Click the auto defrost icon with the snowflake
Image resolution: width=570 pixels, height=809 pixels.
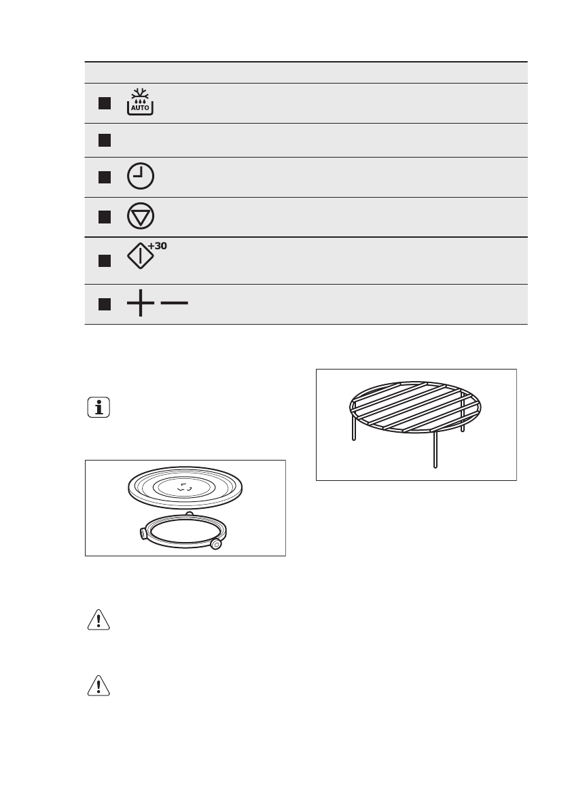pyautogui.click(x=140, y=102)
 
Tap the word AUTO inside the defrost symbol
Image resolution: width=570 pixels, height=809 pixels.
pyautogui.click(x=140, y=107)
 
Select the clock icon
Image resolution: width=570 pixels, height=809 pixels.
pyautogui.click(x=140, y=177)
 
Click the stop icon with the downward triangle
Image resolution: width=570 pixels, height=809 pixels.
pyautogui.click(x=140, y=217)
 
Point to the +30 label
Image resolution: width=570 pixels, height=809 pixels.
pyautogui.click(x=157, y=247)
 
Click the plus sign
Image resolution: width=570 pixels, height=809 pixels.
pyautogui.click(x=140, y=304)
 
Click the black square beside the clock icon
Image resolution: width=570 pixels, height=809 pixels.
pyautogui.click(x=103, y=177)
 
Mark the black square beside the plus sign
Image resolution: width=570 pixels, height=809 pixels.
pyautogui.click(x=103, y=304)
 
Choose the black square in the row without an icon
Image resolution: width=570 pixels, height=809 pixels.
pyautogui.click(x=103, y=140)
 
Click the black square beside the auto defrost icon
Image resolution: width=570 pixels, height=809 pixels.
pyautogui.click(x=103, y=103)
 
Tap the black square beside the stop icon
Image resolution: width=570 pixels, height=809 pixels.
pyautogui.click(x=103, y=217)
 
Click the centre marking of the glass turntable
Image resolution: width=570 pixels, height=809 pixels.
pyautogui.click(x=185, y=486)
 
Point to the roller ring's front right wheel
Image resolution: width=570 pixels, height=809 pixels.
pyautogui.click(x=216, y=544)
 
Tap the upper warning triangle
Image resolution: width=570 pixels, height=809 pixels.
pyautogui.click(x=99, y=621)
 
